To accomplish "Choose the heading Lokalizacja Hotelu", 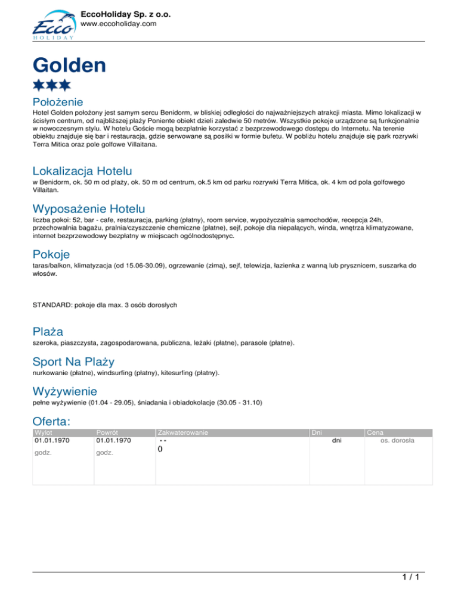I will pos(82,172).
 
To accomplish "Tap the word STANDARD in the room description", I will pos(51,305).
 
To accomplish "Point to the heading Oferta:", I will pos(52,421).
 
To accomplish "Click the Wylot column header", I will pos(44,432).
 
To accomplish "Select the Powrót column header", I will pos(107,432).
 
